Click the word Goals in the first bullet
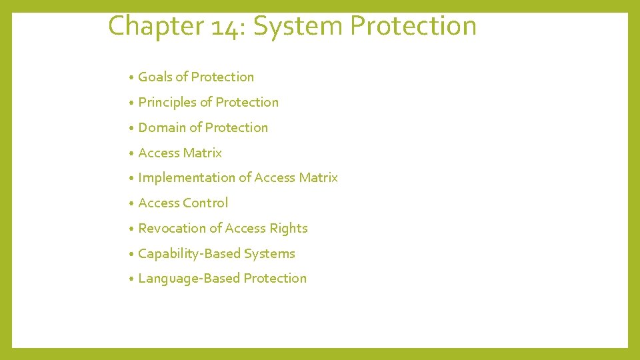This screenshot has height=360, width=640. pos(155,77)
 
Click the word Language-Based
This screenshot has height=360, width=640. pos(189,279)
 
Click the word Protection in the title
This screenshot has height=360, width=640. pos(413,27)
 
